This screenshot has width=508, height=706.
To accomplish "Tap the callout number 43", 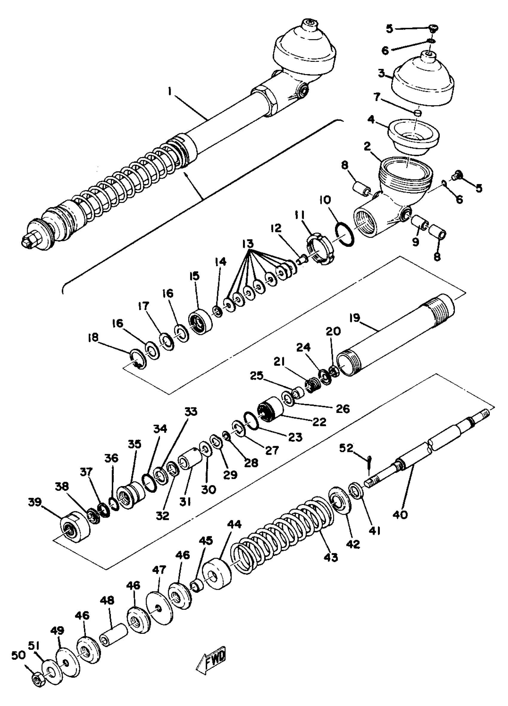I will pyautogui.click(x=330, y=557).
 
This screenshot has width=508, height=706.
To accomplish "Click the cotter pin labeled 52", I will pyautogui.click(x=369, y=463).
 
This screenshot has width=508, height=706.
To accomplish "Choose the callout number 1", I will pyautogui.click(x=170, y=92).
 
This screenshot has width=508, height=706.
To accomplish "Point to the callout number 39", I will pyautogui.click(x=35, y=511).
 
